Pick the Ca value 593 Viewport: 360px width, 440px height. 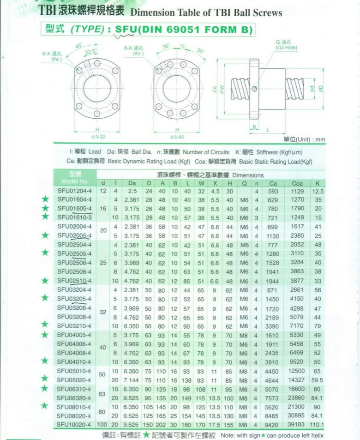point(273,191)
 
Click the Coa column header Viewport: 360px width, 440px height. point(297,183)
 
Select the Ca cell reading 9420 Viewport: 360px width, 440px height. point(273,425)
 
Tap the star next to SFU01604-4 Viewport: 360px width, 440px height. point(45,199)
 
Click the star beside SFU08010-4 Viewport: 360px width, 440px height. point(45,406)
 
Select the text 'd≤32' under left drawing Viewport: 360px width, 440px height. point(99,137)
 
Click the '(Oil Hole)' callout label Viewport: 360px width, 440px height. point(286,47)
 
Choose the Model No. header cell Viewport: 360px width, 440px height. point(75,178)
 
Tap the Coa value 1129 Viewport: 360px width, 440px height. point(297,191)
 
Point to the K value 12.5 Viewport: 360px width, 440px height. point(318,191)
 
